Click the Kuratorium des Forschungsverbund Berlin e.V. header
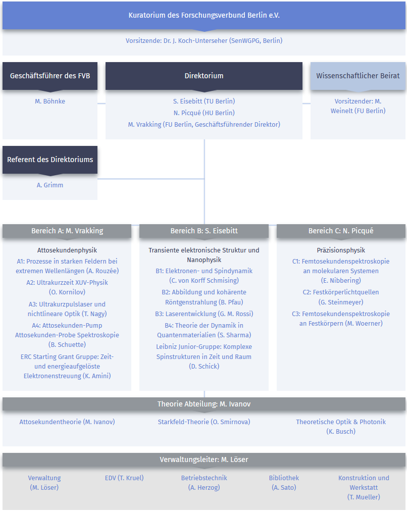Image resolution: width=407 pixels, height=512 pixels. tap(204, 15)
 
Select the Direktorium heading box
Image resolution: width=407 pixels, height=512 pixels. tap(204, 76)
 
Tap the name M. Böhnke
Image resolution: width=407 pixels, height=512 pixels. tap(50, 101)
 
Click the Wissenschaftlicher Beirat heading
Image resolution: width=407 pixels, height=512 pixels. tap(358, 76)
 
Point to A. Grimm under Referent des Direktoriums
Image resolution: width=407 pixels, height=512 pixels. tap(50, 185)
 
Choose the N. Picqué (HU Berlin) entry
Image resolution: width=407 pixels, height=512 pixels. tap(204, 113)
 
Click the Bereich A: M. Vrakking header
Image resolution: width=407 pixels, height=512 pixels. tap(67, 231)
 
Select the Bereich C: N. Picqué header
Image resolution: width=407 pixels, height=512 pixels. tap(341, 231)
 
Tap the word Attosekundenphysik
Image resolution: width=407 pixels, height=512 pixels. tap(67, 250)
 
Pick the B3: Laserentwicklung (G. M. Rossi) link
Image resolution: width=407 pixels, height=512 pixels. tap(204, 314)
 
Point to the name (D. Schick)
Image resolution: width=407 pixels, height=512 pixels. tap(204, 367)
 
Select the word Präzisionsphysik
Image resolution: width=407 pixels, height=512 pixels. tap(341, 250)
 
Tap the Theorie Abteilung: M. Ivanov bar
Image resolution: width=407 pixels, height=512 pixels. tap(204, 404)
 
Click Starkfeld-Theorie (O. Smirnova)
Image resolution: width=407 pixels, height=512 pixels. tap(204, 422)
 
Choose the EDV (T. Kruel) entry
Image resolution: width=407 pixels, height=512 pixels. tap(124, 478)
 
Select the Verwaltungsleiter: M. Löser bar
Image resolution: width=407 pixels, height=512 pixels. tap(204, 460)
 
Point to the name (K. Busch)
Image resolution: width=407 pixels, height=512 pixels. tap(341, 431)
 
